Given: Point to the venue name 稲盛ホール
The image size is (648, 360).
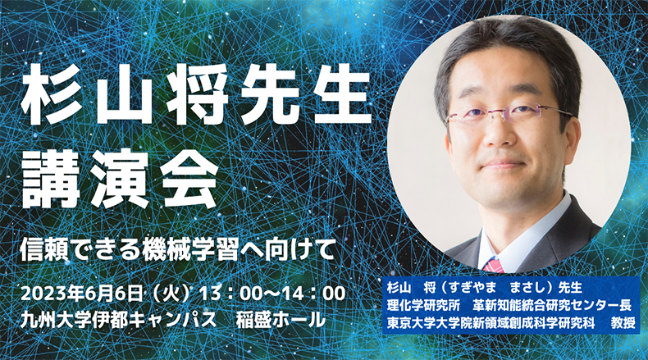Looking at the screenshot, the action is (x=281, y=320).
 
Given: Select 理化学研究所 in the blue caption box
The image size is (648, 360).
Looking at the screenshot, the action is (x=423, y=305).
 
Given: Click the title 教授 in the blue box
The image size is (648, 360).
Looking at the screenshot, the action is (x=623, y=323).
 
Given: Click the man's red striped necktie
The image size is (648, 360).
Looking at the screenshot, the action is (x=494, y=266).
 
